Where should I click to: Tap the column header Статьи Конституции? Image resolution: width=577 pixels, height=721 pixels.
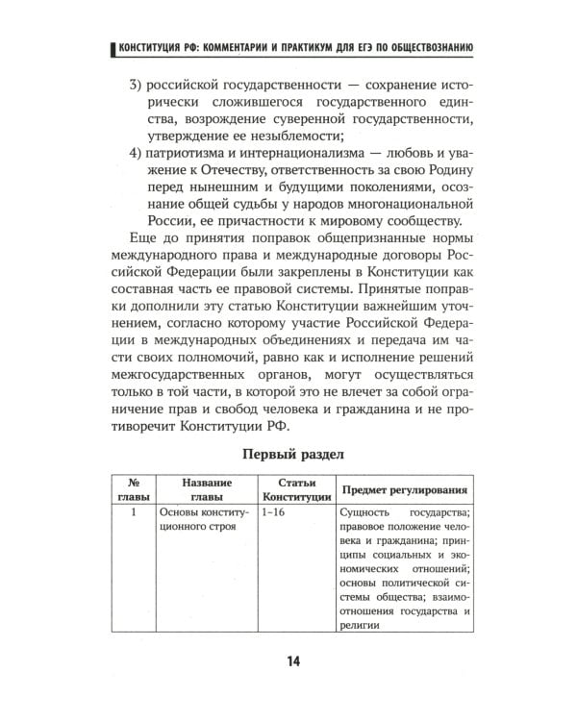[295, 489]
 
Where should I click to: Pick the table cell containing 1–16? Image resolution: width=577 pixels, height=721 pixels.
[274, 513]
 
